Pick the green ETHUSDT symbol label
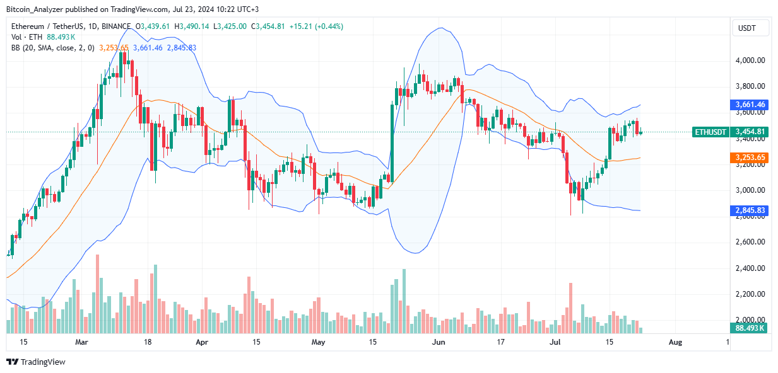coord(710,132)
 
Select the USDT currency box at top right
coord(750,28)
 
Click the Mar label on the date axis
coord(81,342)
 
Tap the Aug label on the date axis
coord(675,342)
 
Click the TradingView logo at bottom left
coord(36,362)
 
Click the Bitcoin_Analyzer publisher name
coord(35,9)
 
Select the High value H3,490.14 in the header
coord(193,27)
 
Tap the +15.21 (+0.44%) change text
coord(316,27)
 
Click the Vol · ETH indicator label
coord(26,37)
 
